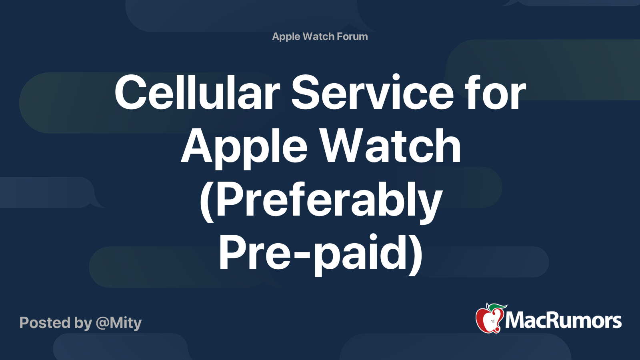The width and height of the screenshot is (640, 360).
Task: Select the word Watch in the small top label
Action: click(x=318, y=36)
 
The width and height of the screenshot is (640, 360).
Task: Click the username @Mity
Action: click(x=118, y=323)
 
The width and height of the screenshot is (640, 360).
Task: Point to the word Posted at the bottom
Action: click(x=45, y=322)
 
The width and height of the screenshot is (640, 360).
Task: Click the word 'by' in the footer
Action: click(x=83, y=323)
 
